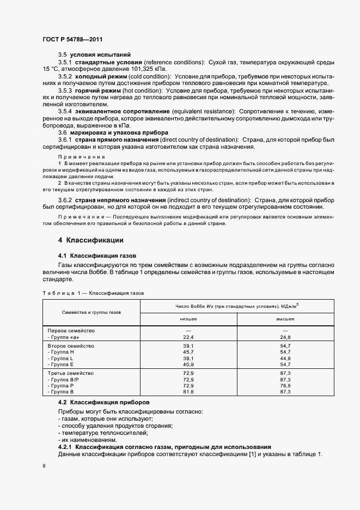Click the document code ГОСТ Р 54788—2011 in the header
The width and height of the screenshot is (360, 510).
72,40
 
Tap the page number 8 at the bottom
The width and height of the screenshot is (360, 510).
44,466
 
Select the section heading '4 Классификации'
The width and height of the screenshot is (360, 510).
90,240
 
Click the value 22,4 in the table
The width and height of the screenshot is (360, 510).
188,338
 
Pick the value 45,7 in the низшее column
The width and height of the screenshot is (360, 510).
188,353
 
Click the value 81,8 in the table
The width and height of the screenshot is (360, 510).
188,392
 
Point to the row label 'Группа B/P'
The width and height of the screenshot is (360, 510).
63,379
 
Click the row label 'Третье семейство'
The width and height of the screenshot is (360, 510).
71,373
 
